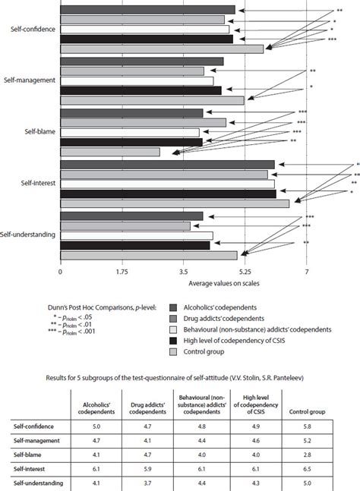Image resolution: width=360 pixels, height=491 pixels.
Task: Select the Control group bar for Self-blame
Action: (110, 153)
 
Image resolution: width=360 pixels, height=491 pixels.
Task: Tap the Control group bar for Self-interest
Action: (175, 203)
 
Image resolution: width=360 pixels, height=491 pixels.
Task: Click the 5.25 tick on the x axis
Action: (245, 270)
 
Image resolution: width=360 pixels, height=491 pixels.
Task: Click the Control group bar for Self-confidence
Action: (162, 49)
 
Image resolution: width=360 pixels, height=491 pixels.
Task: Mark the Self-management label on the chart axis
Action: (28, 80)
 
